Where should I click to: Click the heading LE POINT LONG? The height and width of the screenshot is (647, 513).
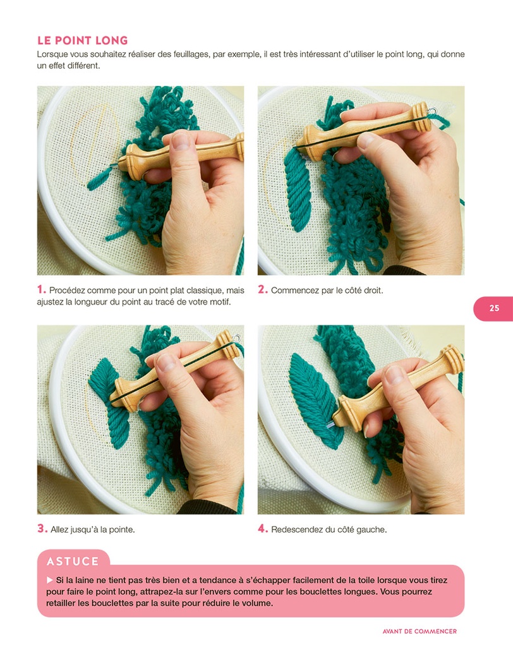(82, 40)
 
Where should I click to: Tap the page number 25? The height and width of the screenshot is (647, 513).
(493, 308)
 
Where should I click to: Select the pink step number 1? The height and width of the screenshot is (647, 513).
(41, 290)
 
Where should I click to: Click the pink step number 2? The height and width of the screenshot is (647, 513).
(263, 290)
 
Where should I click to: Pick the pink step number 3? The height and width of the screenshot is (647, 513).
(42, 529)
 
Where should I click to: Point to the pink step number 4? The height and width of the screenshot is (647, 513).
(263, 529)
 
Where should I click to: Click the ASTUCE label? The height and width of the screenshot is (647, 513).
(73, 561)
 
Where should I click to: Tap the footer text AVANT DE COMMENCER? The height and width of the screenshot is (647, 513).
(419, 631)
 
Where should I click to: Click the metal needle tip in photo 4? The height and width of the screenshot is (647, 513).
(330, 428)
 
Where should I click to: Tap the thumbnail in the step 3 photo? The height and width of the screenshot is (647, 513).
(166, 362)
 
